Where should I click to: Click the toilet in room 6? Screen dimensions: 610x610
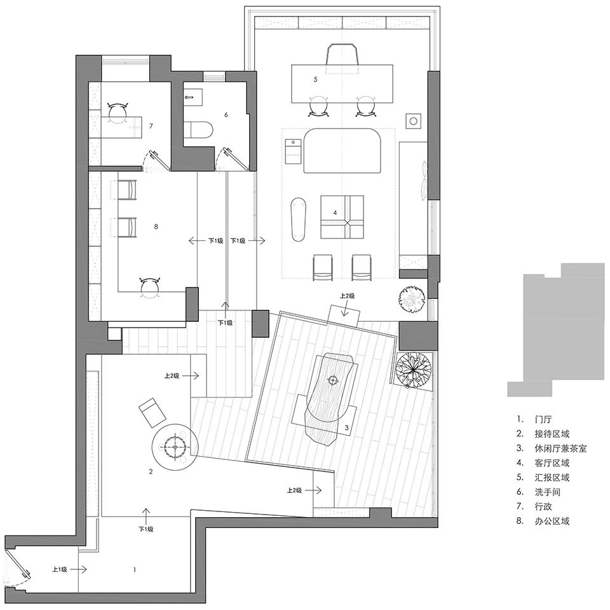point(198,130)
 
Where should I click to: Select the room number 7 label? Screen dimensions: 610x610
point(151,126)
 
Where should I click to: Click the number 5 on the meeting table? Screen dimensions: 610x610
point(316,79)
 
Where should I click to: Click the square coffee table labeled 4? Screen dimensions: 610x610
point(342,216)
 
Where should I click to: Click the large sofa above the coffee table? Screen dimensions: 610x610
point(342,151)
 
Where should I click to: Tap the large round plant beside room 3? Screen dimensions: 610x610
point(413,370)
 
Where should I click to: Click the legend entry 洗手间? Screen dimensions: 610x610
point(547,492)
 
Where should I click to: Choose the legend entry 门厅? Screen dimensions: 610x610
point(543,420)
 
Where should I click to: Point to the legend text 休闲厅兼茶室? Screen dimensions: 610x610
point(560,448)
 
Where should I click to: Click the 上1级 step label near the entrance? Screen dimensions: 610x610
point(60,569)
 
